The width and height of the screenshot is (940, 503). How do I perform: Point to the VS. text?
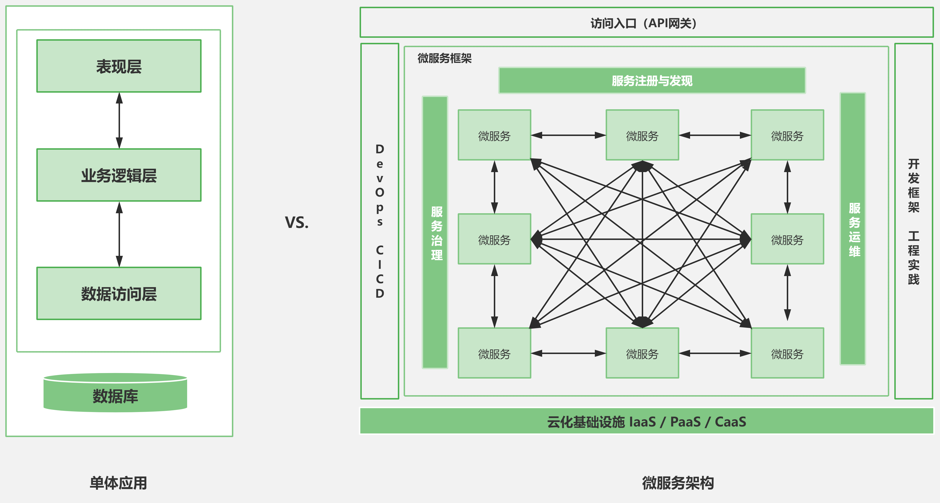pyautogui.click(x=297, y=222)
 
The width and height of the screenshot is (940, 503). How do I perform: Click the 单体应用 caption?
pyautogui.click(x=118, y=483)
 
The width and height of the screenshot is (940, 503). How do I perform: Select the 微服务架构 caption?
pyautogui.click(x=678, y=483)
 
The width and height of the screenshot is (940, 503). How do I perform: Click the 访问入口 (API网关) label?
pyautogui.click(x=644, y=23)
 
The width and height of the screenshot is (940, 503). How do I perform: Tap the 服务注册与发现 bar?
pyautogui.click(x=652, y=81)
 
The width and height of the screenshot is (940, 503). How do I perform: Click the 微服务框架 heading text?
pyautogui.click(x=445, y=58)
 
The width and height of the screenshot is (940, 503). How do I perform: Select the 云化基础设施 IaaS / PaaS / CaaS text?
pyautogui.click(x=646, y=422)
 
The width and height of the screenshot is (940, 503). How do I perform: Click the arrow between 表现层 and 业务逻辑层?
pyautogui.click(x=119, y=121)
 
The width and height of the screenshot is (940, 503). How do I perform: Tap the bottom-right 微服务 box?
pyautogui.click(x=787, y=353)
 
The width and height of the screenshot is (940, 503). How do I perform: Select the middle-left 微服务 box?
pyautogui.click(x=495, y=239)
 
